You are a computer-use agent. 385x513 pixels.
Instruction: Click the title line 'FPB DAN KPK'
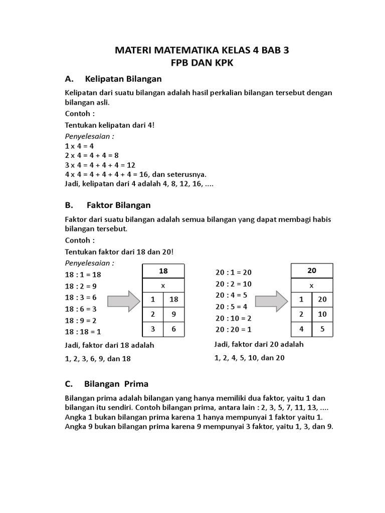(203, 64)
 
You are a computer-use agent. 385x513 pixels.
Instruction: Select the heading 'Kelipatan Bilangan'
(123, 79)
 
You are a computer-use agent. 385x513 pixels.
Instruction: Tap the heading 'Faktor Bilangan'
(118, 205)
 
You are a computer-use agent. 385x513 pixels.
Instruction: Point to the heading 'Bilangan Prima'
(116, 384)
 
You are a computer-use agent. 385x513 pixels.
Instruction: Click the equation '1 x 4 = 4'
(79, 146)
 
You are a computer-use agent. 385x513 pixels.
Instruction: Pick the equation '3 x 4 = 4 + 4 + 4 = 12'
(100, 165)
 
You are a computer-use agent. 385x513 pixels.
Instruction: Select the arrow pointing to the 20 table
(271, 301)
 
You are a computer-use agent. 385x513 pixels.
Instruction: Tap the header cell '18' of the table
(163, 271)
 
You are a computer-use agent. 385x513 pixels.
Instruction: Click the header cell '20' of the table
(312, 271)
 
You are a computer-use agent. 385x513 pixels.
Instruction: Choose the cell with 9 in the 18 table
(174, 315)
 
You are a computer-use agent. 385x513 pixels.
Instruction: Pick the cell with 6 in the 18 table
(174, 330)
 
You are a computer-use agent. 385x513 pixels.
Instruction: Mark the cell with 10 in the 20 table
(322, 315)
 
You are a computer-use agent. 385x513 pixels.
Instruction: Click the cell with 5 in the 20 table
(322, 330)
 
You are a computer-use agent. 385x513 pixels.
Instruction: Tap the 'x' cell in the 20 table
(312, 286)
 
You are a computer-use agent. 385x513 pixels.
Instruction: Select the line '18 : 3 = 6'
(81, 297)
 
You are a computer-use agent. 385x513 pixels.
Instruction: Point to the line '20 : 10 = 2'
(233, 318)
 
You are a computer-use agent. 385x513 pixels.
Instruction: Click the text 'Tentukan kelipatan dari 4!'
(110, 125)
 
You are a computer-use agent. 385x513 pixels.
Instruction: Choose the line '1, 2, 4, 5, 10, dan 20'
(250, 358)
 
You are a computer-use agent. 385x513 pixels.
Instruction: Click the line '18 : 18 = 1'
(83, 332)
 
